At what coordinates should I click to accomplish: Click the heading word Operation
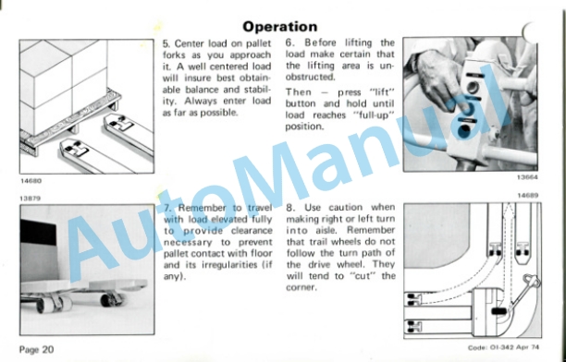coord(279,27)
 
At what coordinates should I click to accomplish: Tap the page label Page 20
coord(36,349)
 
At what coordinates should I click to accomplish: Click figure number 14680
coord(31,181)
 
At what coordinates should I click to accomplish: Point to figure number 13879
coord(30,199)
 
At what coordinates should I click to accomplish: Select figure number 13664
coord(527,177)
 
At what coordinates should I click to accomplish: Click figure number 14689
coord(528,196)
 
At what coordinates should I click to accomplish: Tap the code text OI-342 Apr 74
coord(514,347)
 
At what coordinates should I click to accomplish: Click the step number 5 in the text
coord(166,44)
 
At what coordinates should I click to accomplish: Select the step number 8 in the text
coord(290,208)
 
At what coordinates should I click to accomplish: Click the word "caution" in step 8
coord(346,208)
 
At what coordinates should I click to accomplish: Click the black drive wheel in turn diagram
coord(498,311)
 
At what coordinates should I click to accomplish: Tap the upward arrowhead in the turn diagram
coord(509,208)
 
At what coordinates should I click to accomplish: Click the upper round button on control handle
coord(473,88)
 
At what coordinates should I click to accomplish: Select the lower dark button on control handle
coord(464,130)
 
